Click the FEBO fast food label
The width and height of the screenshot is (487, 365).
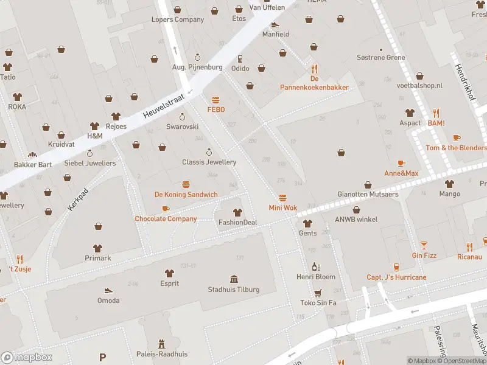[216, 109]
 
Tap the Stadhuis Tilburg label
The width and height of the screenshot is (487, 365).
[234, 290]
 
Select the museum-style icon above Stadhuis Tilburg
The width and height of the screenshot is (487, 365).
[234, 279]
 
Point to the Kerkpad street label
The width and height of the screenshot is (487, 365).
[74, 200]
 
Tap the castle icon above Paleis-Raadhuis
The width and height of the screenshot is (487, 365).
[161, 344]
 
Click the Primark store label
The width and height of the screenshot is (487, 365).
[98, 258]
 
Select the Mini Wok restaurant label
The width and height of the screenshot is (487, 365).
[283, 208]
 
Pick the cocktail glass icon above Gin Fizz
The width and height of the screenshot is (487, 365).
[424, 245]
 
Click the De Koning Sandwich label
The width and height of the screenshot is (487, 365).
[186, 195]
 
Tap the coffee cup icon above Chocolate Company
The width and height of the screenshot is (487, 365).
[166, 208]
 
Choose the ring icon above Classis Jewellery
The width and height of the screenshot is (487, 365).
[209, 152]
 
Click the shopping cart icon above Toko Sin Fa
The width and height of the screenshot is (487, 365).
[317, 292]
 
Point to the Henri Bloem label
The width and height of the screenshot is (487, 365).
[316, 277]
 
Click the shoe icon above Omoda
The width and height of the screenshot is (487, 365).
[108, 290]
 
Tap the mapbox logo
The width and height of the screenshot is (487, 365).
[27, 357]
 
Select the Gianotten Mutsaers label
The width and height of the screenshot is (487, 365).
[368, 195]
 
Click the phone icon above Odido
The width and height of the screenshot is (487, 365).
[240, 58]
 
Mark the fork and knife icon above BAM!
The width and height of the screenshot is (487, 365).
[436, 113]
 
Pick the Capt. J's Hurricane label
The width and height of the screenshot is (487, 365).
[396, 277]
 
